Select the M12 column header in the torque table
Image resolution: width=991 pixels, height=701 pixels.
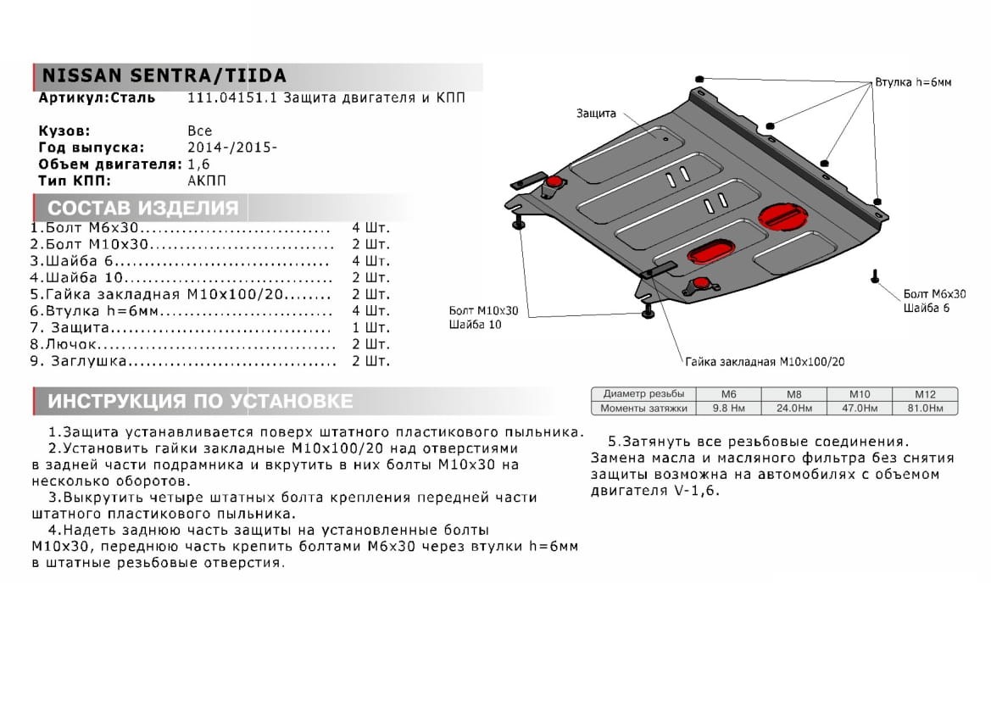tap(924, 394)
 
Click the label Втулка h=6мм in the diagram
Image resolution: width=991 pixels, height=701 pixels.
tap(913, 82)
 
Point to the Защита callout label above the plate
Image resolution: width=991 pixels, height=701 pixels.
tap(597, 113)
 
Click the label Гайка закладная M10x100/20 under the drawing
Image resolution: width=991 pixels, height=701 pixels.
tap(765, 361)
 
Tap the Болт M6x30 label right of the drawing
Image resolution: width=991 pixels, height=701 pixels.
tap(934, 294)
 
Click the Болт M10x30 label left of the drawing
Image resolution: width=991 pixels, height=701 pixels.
tap(484, 311)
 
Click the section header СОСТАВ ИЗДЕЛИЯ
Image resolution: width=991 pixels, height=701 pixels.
tap(142, 209)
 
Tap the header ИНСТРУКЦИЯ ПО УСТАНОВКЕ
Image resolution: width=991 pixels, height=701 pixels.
tap(200, 401)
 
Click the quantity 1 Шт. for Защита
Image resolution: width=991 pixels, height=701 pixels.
tap(370, 328)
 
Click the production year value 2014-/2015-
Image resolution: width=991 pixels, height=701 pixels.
tap(231, 147)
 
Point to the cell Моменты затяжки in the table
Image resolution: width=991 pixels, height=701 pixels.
tap(642, 408)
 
